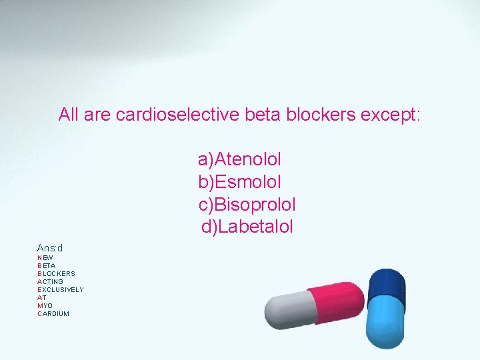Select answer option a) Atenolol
239,159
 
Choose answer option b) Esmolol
239,181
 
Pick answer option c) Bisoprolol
247,204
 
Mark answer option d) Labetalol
247,227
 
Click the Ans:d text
50,248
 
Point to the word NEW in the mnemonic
45,257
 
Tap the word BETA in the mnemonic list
47,265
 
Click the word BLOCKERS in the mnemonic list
56,273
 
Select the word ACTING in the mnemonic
50,281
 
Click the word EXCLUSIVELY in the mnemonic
61,289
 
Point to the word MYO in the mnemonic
45,305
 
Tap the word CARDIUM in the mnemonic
53,313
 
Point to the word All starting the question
69,115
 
